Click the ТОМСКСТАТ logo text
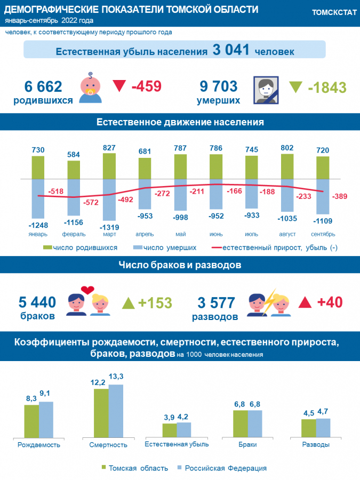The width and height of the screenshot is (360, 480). [334, 13]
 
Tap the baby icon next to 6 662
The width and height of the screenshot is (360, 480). [90, 88]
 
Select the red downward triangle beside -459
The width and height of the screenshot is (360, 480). [119, 86]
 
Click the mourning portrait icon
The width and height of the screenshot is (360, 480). [266, 90]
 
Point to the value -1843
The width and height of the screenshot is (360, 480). [327, 87]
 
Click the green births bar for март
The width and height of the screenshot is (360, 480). [109, 166]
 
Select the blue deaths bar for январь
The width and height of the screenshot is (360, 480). [38, 198]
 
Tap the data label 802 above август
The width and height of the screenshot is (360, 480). [287, 148]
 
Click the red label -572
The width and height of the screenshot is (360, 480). [91, 202]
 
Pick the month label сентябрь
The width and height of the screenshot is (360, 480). [323, 234]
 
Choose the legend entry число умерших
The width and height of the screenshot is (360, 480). [165, 247]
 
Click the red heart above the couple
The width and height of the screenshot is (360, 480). [87, 290]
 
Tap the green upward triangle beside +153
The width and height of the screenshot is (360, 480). [128, 303]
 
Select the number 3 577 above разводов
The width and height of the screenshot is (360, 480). [216, 303]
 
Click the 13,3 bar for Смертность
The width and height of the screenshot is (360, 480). [116, 411]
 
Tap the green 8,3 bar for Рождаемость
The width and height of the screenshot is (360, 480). [31, 421]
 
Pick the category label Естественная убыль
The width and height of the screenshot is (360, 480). [177, 444]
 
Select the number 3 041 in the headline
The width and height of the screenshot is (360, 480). [231, 50]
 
